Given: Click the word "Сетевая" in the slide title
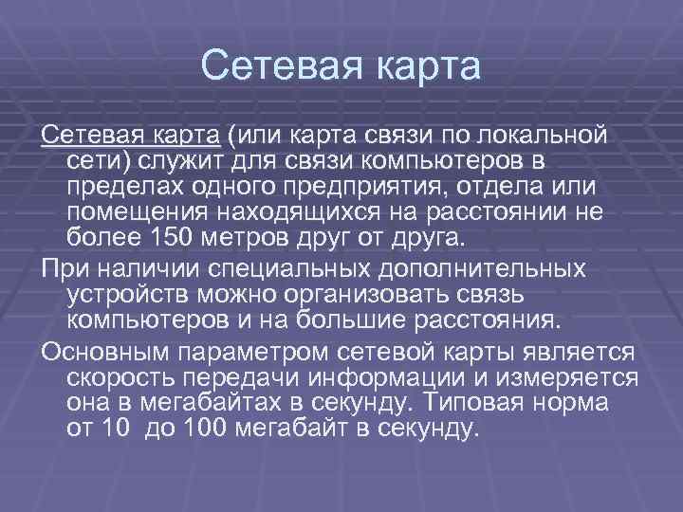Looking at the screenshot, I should click(277, 67).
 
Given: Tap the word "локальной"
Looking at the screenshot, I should click(552, 135).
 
